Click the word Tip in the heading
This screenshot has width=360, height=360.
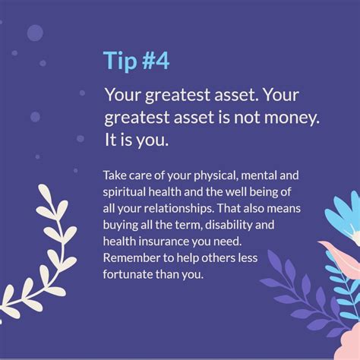120,61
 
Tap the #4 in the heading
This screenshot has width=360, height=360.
156,60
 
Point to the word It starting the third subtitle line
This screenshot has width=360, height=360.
110,140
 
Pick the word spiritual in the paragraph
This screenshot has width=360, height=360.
124,192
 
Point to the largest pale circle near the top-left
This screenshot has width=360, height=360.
35,33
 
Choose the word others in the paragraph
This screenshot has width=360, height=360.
218,258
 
